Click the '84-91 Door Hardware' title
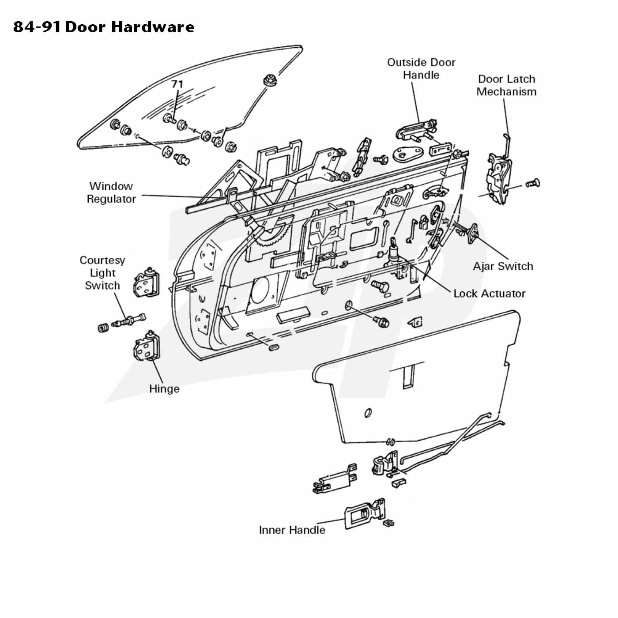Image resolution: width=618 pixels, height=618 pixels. [104, 27]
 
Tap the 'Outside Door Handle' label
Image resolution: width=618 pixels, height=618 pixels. [421, 68]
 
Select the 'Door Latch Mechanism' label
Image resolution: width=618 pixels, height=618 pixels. [506, 85]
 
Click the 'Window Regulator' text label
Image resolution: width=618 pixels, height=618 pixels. [111, 192]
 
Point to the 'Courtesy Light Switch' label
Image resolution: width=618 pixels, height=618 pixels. [102, 273]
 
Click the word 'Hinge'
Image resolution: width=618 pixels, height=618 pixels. [164, 389]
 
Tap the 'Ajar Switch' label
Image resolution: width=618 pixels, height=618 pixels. [503, 266]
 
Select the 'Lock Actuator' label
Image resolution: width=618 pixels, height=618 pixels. [490, 294]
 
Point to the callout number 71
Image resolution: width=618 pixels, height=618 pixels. [177, 84]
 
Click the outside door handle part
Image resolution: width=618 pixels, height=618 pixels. [416, 128]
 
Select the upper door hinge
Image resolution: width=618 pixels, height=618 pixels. [146, 283]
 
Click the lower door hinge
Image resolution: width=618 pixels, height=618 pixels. [146, 347]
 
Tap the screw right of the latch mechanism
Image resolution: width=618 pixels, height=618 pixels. [533, 184]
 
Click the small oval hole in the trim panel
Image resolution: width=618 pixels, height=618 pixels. [368, 413]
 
